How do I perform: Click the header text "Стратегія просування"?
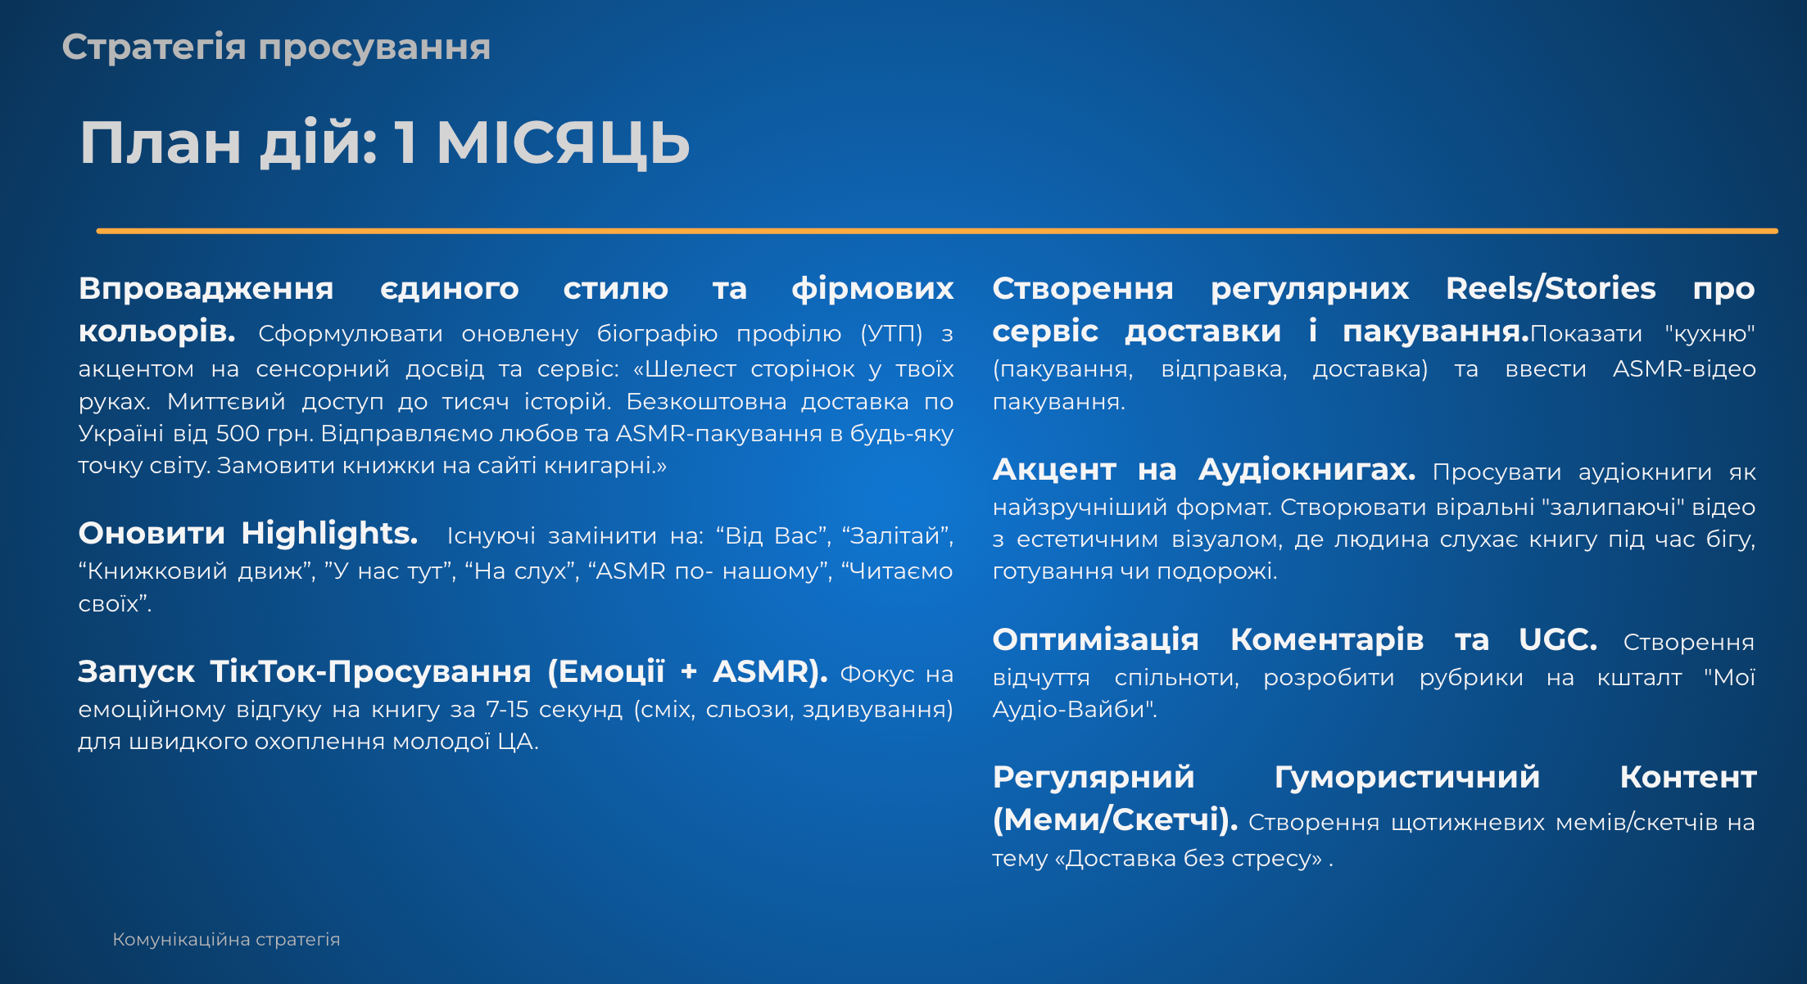click(276, 47)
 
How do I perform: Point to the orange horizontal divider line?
click(937, 231)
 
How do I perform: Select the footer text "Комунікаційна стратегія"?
click(226, 940)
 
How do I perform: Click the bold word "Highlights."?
click(329, 534)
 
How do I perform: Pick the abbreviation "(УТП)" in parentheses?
click(891, 334)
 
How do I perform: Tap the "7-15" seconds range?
click(507, 710)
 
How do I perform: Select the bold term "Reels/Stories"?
click(1551, 289)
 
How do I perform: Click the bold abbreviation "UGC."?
click(1558, 640)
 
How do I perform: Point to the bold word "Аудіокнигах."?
click(1307, 470)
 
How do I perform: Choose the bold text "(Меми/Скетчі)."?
click(1115, 820)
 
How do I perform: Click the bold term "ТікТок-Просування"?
click(371, 672)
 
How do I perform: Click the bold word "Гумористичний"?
click(1407, 778)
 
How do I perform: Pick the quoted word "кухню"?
click(1710, 335)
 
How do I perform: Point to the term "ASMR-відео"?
click(1684, 369)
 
